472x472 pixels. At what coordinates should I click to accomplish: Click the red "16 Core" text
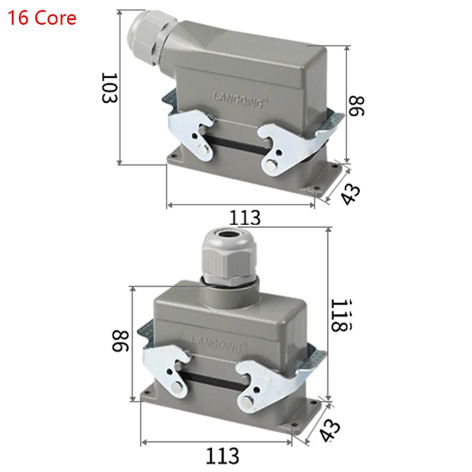click(42, 18)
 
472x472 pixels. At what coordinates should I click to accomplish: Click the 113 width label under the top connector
click(245, 218)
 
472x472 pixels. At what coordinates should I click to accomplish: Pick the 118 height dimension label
click(340, 314)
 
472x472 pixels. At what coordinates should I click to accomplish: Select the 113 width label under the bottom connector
click(222, 455)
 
